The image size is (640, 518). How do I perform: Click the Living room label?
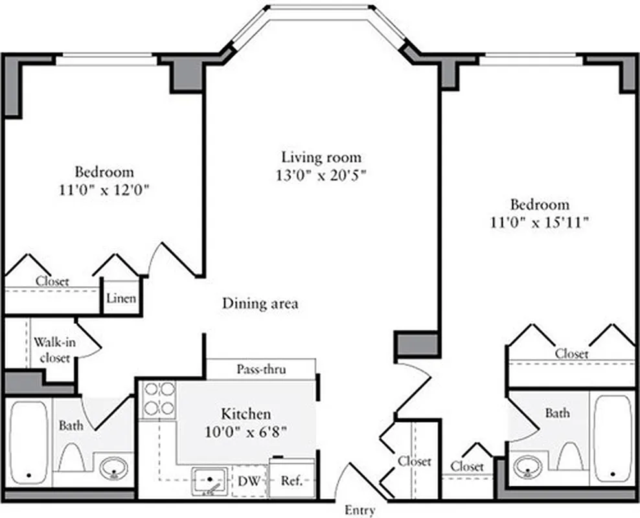click(321, 157)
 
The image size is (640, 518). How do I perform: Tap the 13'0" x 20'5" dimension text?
click(321, 175)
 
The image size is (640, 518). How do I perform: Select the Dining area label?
click(260, 303)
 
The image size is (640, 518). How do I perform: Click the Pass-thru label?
click(262, 370)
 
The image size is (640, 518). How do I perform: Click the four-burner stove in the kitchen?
click(159, 398)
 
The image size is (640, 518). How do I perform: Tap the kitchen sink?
click(209, 481)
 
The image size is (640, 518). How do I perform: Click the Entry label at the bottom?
click(360, 510)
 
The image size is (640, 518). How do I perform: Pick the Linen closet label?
click(121, 298)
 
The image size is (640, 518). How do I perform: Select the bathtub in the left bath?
click(29, 444)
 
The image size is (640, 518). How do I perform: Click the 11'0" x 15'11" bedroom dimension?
click(540, 222)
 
